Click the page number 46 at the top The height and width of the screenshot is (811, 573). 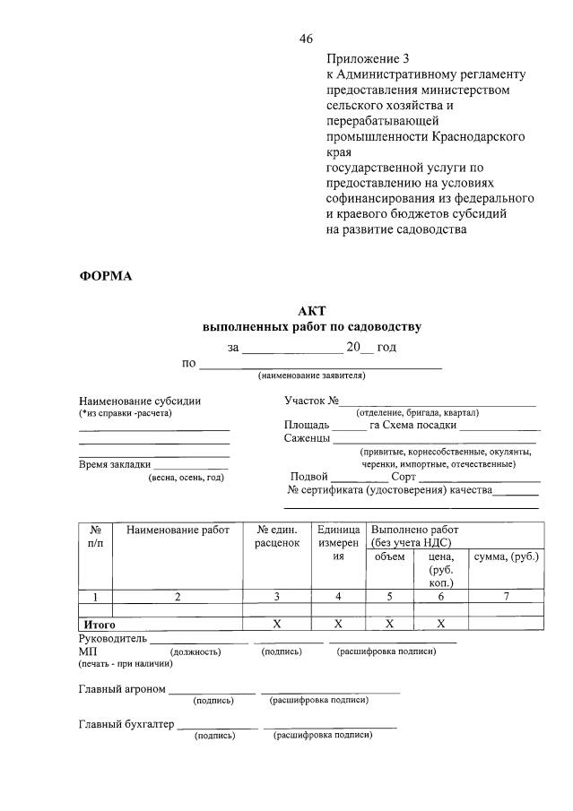[306, 39]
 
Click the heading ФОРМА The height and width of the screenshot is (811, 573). [105, 276]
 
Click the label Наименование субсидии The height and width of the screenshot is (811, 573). [140, 401]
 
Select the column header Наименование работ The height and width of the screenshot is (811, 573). [178, 531]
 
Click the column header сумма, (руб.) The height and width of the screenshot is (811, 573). [506, 556]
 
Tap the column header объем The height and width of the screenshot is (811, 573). [389, 556]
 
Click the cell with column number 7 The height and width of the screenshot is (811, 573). [506, 597]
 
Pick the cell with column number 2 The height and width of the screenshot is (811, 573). [178, 597]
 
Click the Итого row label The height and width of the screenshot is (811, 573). [100, 623]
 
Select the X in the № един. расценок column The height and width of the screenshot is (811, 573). [276, 623]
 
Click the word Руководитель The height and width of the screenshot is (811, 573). [112, 639]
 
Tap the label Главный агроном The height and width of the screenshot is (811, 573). [122, 689]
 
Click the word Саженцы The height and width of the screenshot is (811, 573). [307, 439]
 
